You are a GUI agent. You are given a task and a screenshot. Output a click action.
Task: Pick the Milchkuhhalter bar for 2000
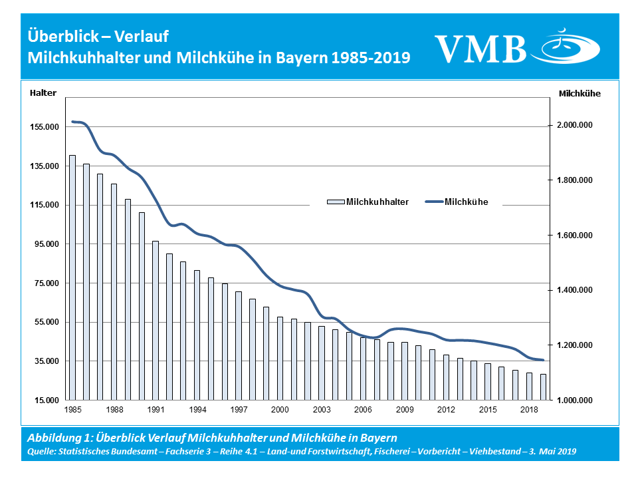pyautogui.click(x=280, y=359)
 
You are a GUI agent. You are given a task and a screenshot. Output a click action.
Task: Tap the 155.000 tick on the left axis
pyautogui.click(x=45, y=126)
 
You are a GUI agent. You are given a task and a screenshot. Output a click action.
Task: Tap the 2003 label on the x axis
pyautogui.click(x=322, y=409)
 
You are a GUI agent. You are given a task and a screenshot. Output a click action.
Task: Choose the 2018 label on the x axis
pyautogui.click(x=529, y=409)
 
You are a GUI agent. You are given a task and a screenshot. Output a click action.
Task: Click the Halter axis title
pyautogui.click(x=43, y=93)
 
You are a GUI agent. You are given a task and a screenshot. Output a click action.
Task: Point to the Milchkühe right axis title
pyautogui.click(x=580, y=94)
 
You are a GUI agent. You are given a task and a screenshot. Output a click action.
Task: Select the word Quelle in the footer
pyautogui.click(x=43, y=450)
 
